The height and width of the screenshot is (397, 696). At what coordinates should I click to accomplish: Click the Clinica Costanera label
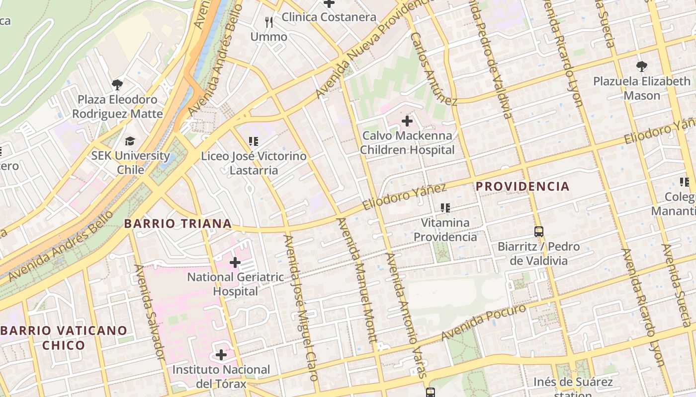[329, 17]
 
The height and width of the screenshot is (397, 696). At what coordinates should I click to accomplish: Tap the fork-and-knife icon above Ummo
[269, 22]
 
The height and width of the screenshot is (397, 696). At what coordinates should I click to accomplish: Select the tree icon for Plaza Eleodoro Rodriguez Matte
[117, 84]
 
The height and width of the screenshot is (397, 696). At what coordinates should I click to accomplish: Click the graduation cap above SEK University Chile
[130, 141]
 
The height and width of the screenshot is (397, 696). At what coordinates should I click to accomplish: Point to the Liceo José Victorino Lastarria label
[254, 163]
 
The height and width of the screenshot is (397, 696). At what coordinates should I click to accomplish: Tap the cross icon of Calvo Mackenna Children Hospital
[407, 121]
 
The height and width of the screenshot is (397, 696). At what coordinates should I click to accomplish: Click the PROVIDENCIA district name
[522, 187]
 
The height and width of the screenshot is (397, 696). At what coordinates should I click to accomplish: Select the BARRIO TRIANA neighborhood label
[178, 224]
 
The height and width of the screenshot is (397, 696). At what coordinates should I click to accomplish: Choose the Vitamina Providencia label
[445, 230]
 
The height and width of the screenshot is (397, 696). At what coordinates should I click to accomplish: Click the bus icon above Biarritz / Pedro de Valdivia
[539, 232]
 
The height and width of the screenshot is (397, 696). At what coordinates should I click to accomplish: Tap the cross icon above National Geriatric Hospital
[235, 262]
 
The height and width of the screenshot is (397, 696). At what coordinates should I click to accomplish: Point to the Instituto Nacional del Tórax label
[221, 377]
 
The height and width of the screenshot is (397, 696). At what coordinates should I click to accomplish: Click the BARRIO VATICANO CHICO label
[64, 337]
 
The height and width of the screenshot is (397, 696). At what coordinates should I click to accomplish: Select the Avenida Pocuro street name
[483, 323]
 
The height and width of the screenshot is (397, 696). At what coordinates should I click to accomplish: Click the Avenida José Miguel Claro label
[300, 308]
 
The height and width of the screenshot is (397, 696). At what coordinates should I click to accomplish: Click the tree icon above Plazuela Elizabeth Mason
[642, 66]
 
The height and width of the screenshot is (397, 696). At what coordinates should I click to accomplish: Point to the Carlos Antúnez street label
[433, 69]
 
